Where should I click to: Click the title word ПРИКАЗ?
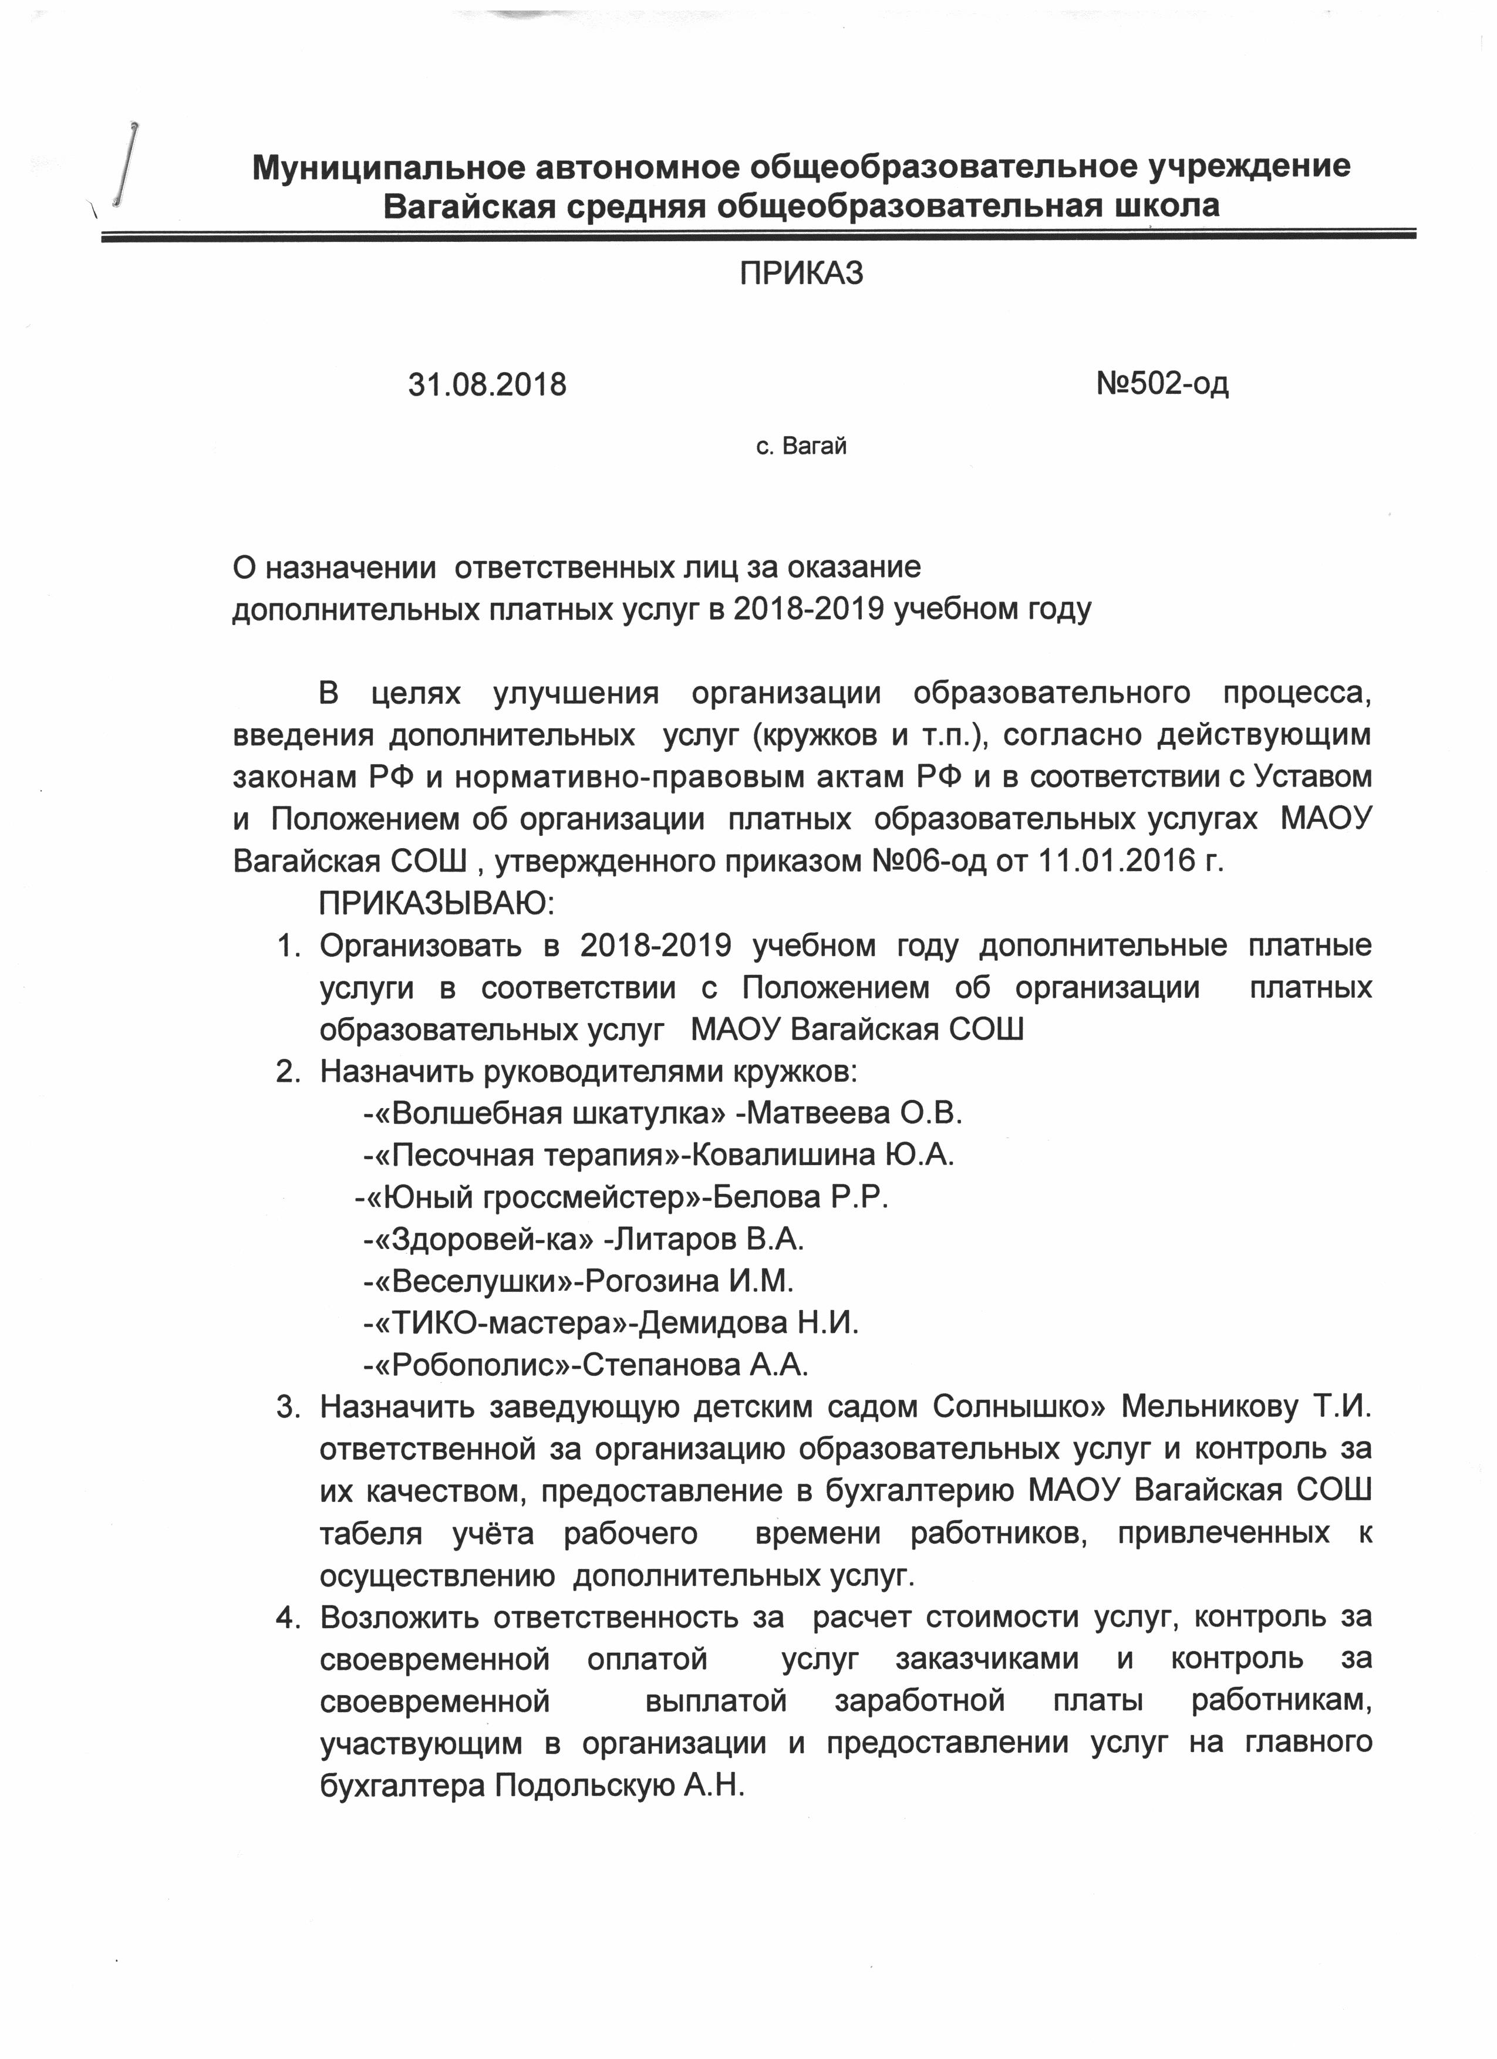(x=801, y=274)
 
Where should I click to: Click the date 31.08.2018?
(x=487, y=385)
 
